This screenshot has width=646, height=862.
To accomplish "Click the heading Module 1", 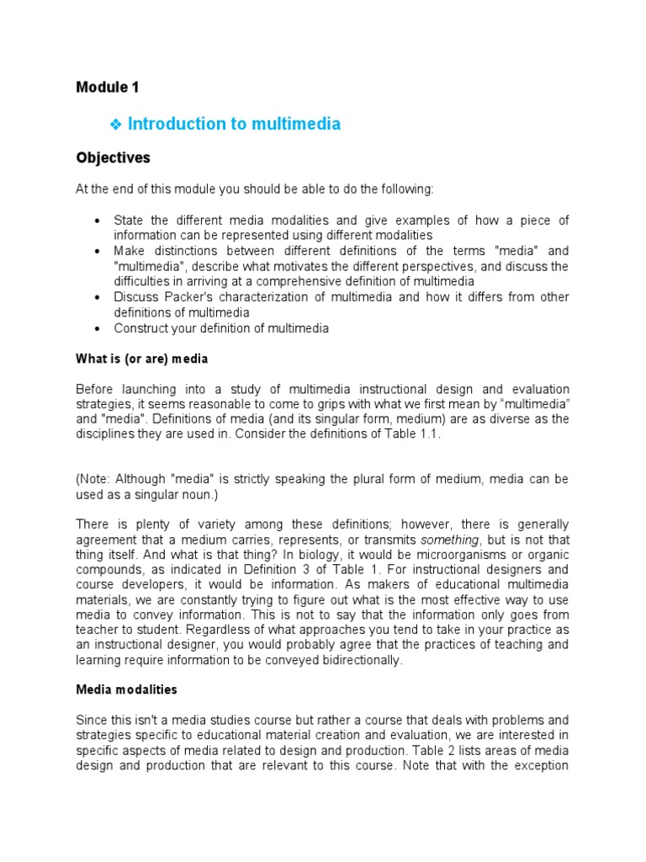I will point(107,87).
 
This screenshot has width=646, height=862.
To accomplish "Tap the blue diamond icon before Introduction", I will point(117,125).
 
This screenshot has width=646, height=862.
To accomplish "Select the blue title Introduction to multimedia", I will point(234,124).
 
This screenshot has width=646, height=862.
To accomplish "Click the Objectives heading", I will point(113,157).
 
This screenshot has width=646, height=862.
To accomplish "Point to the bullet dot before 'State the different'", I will point(98,221).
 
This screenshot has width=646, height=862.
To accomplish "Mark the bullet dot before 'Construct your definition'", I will point(98,328).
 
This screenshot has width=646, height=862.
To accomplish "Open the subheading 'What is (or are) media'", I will point(141,359).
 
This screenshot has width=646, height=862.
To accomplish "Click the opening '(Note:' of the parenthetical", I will point(93,478).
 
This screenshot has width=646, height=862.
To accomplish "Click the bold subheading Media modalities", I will point(126,689).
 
